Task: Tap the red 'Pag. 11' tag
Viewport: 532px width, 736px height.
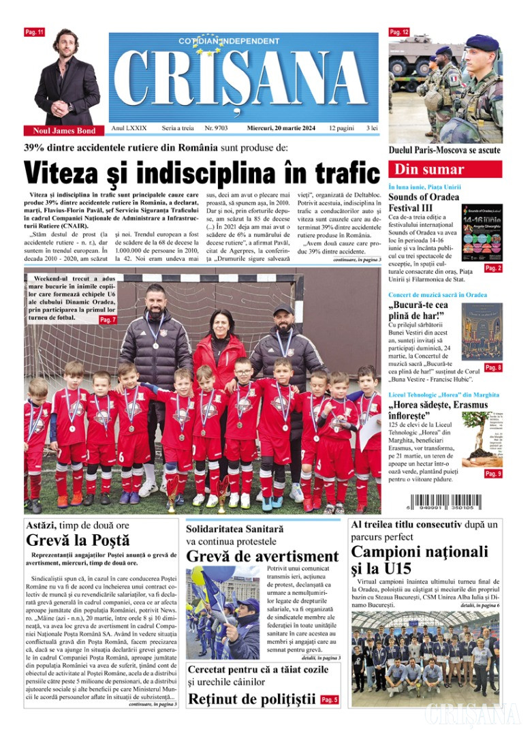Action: pos(33,32)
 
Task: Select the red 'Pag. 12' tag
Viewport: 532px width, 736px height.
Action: pos(399,32)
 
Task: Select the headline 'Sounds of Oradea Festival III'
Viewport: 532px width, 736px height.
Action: pos(423,202)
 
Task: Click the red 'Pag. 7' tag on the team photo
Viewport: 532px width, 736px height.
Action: pos(108,320)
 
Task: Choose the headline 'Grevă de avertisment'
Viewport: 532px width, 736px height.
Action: pos(262,556)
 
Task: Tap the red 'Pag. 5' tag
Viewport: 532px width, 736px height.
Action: pos(329,700)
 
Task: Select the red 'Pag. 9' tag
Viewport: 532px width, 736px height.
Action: pos(492,474)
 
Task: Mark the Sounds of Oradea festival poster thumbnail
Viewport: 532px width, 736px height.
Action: pos(482,233)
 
